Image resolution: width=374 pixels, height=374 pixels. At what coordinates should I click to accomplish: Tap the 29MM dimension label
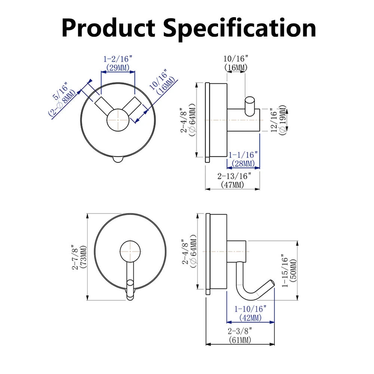(x=117, y=68)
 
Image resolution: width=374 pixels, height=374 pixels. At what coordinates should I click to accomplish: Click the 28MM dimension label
(x=243, y=163)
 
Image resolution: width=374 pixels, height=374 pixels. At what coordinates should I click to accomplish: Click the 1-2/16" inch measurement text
(x=117, y=59)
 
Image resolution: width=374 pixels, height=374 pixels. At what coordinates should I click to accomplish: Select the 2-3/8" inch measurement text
(x=240, y=331)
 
